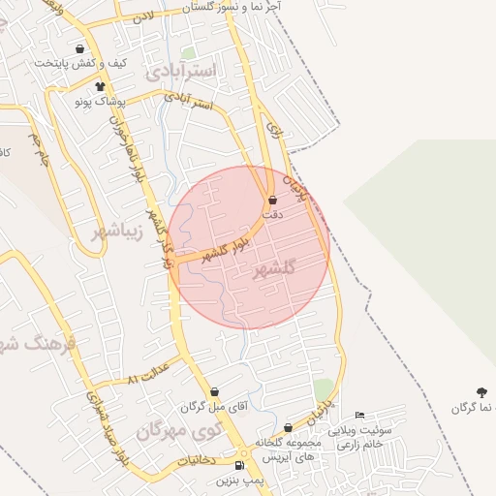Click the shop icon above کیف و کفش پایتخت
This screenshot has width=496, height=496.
pos(78,48)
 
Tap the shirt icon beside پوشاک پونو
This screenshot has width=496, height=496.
pos(71,98)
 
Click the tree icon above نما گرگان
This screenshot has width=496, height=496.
pos(480,392)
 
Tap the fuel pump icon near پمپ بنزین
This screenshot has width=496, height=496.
pos(239,465)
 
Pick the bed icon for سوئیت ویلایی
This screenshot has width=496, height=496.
pos(359,416)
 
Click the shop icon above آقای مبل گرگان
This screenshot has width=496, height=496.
pos(213,393)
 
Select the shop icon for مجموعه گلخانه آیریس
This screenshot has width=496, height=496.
pos(288,428)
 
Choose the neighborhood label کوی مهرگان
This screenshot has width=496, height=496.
pos(180,428)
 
